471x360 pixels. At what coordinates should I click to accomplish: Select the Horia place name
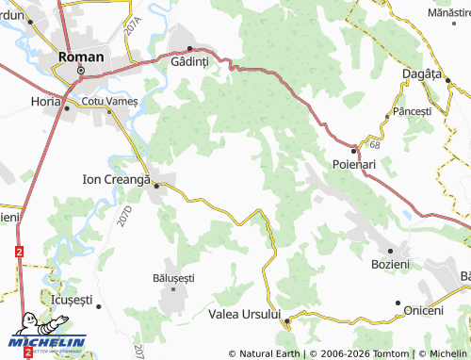click(44, 100)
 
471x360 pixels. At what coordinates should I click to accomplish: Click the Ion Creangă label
click(118, 176)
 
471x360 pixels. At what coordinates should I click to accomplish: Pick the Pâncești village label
click(413, 111)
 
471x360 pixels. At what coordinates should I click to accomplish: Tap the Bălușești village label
click(173, 278)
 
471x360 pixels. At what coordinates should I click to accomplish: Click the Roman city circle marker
click(81, 71)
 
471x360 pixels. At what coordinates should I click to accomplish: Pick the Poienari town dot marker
click(354, 151)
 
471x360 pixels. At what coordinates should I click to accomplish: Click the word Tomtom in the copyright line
click(392, 353)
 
